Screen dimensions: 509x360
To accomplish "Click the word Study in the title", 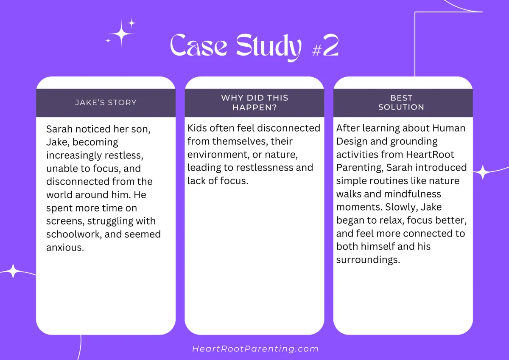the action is coord(269,47).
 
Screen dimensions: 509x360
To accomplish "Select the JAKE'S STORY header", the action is coord(106,103).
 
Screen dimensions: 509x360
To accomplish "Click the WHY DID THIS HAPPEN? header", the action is coord(255,103).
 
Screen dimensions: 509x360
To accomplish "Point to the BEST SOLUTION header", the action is coord(401,103).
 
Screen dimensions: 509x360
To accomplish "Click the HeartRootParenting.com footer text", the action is coord(255,349).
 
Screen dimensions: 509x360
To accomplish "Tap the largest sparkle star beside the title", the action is coord(121,34).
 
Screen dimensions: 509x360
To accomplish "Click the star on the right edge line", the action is coord(483,172).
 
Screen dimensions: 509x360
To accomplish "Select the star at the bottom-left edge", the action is coord(13,271).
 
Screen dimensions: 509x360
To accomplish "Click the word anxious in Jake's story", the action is coord(65,247).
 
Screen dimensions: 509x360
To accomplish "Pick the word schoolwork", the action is coord(74,234).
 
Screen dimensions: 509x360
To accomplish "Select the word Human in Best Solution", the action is coord(449,128).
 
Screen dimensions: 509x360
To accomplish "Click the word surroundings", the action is coord(368,260).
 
